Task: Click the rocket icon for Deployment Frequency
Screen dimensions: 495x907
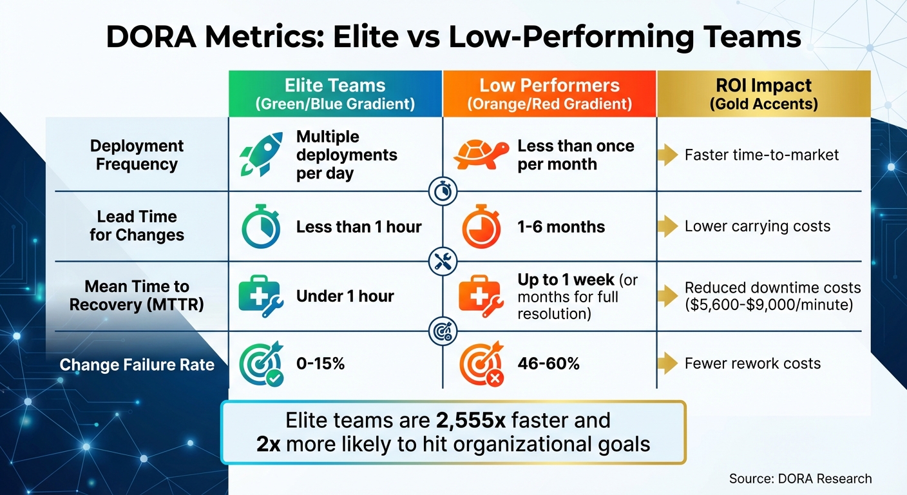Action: pos(260,155)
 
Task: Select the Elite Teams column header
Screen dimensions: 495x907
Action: pos(335,94)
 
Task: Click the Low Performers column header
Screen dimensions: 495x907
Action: pos(549,94)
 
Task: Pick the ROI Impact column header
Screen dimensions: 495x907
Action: pos(763,94)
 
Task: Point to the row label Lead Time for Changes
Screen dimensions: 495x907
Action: pos(137,226)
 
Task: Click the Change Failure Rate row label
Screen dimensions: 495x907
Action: pos(137,365)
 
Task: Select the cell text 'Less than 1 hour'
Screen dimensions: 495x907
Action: pos(359,227)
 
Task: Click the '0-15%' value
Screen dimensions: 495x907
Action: pos(320,364)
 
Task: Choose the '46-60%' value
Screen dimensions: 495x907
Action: pos(548,364)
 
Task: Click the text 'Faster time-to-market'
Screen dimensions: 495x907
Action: pos(761,155)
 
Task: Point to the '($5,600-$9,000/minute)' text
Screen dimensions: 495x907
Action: pos(769,304)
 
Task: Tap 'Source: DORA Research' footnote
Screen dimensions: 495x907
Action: pos(800,478)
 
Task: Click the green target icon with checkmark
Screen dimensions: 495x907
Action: pos(260,364)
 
